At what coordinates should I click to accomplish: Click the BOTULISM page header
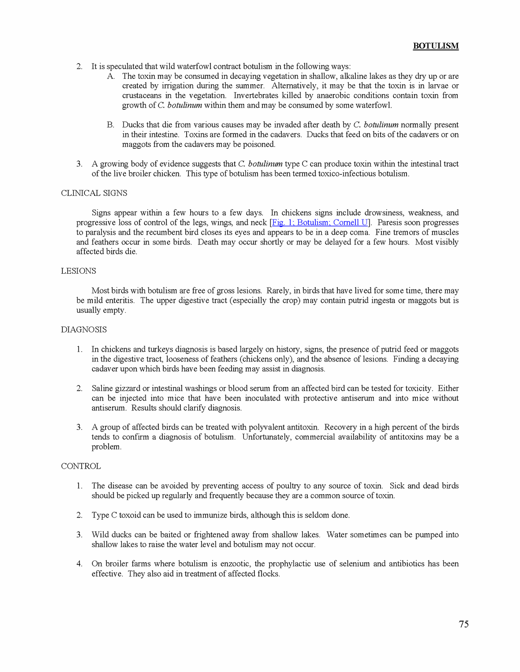click(x=435, y=46)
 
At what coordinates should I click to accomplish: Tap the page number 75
click(x=463, y=624)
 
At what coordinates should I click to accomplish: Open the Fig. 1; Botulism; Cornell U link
click(x=320, y=223)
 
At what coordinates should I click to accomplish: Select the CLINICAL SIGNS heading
click(x=94, y=193)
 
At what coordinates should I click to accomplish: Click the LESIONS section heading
click(x=79, y=271)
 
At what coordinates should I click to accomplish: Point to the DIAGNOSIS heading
click(x=84, y=330)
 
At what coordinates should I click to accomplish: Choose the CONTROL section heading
click(x=81, y=466)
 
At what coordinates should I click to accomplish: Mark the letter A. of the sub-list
click(x=111, y=76)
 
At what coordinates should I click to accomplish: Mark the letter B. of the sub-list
click(x=110, y=125)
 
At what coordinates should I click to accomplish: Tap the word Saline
click(x=102, y=388)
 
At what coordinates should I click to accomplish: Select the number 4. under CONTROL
click(x=79, y=564)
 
